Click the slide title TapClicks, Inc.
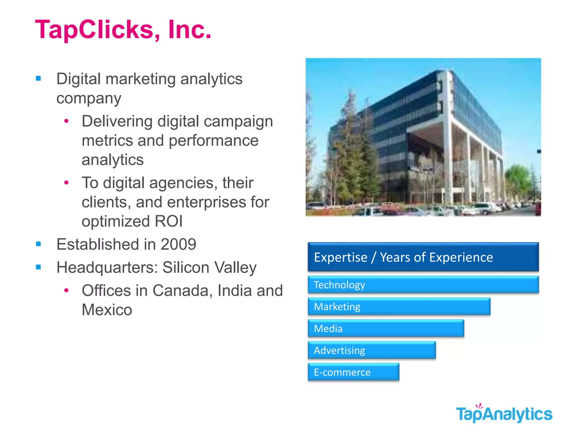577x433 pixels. [123, 30]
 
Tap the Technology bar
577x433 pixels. [423, 285]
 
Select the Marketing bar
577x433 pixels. [399, 306]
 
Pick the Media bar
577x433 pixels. [386, 328]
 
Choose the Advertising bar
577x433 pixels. [372, 350]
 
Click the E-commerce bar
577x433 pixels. [353, 372]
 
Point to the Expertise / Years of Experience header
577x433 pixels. [423, 257]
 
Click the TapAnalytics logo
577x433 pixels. [504, 414]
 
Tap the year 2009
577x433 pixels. [178, 244]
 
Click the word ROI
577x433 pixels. [168, 221]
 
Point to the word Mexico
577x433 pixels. [107, 310]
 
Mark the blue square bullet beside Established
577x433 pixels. [39, 244]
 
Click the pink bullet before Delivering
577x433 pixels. [66, 121]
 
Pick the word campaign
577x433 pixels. [238, 121]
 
